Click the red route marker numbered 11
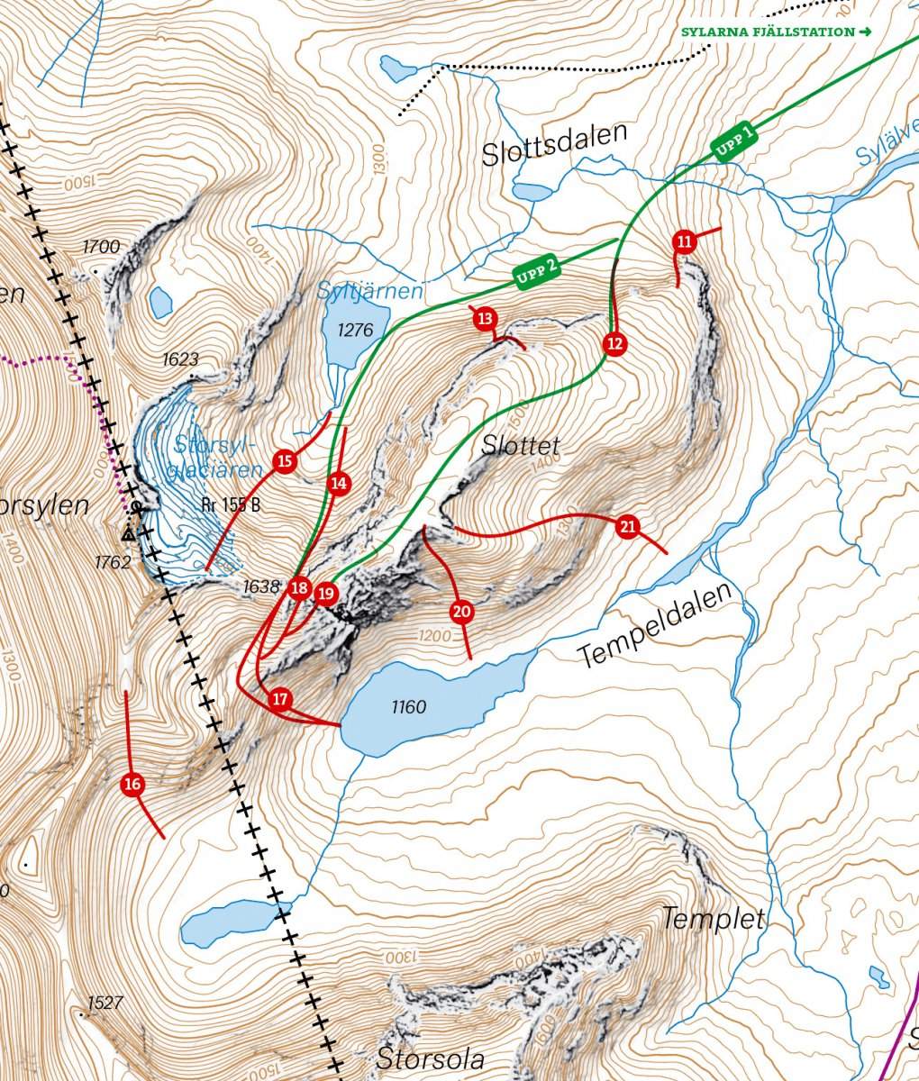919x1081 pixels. click(x=684, y=241)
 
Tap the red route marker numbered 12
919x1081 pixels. click(x=614, y=343)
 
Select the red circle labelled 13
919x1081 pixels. click(x=485, y=318)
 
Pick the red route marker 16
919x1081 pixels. click(x=132, y=784)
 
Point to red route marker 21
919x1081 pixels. click(x=628, y=526)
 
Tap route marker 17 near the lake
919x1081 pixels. click(x=280, y=699)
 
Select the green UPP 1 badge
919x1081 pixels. click(x=734, y=142)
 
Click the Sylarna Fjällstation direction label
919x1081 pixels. click(x=776, y=32)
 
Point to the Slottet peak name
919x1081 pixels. click(x=521, y=445)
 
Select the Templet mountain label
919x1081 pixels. click(x=713, y=920)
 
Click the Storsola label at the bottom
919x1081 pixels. click(x=431, y=1058)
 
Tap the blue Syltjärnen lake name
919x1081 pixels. click(x=369, y=291)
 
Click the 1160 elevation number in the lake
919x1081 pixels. click(x=408, y=707)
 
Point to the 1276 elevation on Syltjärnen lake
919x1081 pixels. click(x=354, y=331)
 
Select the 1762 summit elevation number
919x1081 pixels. click(x=114, y=562)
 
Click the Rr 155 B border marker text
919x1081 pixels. click(x=232, y=505)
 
